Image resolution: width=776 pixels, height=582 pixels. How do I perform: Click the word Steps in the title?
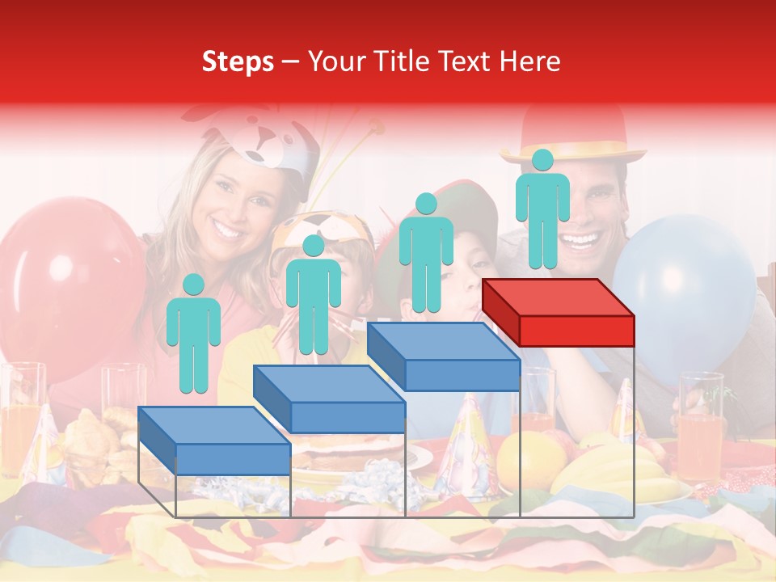[x=238, y=61]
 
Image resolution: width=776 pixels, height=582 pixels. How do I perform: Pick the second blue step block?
[x=330, y=399]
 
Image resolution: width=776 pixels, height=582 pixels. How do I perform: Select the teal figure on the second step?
[x=313, y=294]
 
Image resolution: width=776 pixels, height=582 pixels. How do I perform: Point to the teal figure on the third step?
[x=426, y=252]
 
